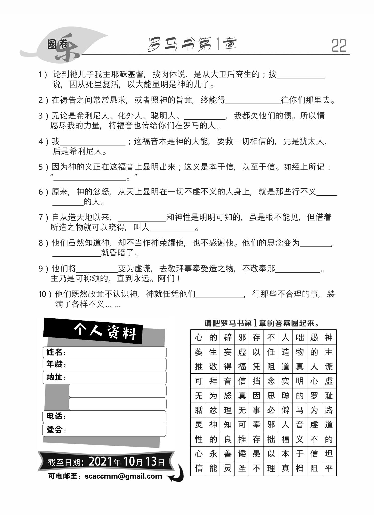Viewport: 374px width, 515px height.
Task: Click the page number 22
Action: [x=339, y=46]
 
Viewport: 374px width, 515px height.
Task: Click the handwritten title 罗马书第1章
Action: [x=192, y=45]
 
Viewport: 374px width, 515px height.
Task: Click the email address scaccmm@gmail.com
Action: [x=123, y=476]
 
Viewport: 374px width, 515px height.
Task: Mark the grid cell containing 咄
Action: [x=300, y=337]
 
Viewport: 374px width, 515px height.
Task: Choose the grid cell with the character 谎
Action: [x=329, y=366]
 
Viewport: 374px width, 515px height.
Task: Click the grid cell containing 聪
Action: [x=285, y=396]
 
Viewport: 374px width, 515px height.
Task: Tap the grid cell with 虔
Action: [x=314, y=425]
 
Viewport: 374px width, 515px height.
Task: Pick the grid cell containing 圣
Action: [x=242, y=468]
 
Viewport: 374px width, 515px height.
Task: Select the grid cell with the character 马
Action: [x=300, y=410]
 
